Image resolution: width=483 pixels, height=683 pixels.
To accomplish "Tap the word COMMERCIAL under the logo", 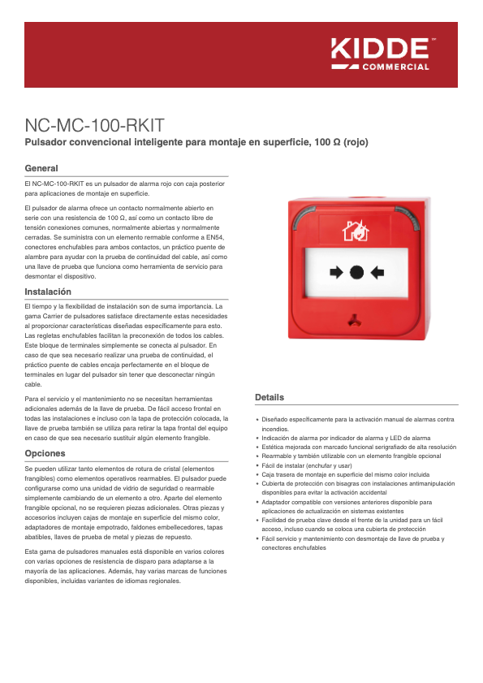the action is [x=395, y=67].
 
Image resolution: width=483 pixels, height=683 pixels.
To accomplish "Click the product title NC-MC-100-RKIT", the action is [x=95, y=126].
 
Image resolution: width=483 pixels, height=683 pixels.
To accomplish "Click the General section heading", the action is [x=41, y=168].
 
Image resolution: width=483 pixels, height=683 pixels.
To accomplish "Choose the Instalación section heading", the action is [x=48, y=292].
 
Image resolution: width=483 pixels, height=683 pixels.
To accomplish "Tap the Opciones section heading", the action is [x=45, y=453].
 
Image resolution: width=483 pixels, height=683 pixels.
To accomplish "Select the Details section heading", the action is [x=270, y=397].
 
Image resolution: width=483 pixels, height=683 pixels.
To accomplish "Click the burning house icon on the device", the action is [x=356, y=232].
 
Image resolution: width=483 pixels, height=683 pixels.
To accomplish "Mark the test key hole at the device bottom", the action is [x=356, y=319].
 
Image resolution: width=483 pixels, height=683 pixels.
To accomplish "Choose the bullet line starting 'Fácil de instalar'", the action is [x=307, y=465].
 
